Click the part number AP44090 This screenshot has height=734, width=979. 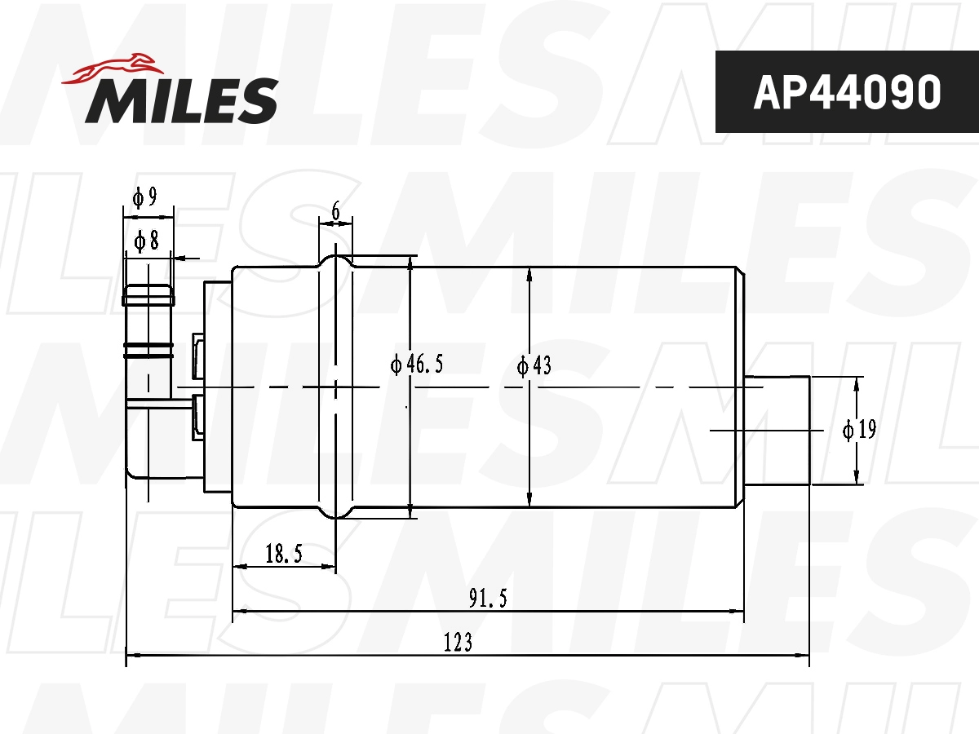coord(847,93)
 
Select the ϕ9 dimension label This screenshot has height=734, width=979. coord(144,197)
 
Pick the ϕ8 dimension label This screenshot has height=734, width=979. coord(144,240)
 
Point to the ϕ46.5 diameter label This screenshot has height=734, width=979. coord(417,364)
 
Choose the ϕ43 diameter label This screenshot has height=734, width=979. coord(534,365)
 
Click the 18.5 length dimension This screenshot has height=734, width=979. coord(284,555)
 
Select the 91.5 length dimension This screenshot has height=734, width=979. coord(489,599)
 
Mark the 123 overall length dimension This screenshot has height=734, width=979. coord(458,643)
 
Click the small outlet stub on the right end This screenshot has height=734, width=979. coord(777,430)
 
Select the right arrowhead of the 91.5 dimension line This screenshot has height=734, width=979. coord(738,611)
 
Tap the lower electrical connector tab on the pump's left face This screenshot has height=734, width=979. coord(197,417)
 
